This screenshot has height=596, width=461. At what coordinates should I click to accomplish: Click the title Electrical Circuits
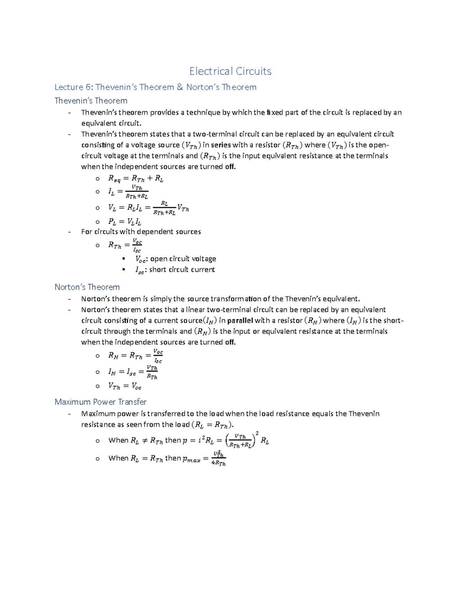(230, 71)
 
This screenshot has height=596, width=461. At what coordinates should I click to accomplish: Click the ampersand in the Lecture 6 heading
(180, 87)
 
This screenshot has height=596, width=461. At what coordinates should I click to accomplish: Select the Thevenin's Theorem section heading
(91, 101)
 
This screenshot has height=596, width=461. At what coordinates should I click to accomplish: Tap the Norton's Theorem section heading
(87, 287)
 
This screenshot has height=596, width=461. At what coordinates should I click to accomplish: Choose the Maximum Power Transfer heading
(100, 402)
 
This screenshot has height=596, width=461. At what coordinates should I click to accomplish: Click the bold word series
(221, 145)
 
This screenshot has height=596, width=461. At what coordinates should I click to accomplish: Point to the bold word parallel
(240, 320)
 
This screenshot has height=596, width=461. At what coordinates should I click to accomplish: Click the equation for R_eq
(136, 178)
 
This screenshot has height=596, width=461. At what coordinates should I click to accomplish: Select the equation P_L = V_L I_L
(124, 222)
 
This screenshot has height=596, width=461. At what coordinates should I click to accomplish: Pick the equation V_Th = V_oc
(124, 386)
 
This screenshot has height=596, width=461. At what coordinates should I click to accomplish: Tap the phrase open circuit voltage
(183, 259)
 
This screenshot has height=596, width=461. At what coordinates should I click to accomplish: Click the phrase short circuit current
(182, 269)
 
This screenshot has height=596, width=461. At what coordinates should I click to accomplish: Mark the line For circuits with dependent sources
(141, 231)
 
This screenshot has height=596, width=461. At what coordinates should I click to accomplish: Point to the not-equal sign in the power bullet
(144, 441)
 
